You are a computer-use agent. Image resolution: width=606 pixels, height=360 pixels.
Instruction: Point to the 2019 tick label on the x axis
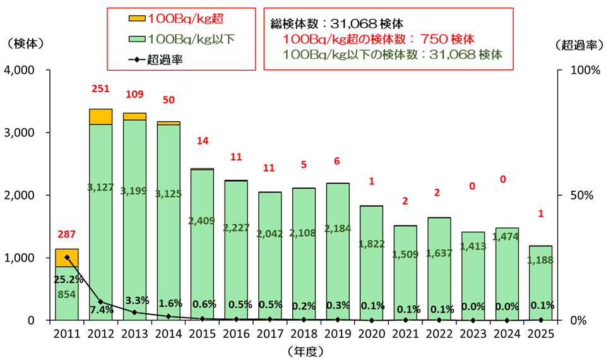tap(338, 333)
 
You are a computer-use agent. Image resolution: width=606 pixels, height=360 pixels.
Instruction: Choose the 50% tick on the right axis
tap(581, 195)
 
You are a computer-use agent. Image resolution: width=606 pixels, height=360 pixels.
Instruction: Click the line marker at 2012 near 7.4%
tap(101, 302)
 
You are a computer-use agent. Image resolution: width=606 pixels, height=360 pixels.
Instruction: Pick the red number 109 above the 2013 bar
tap(134, 94)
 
